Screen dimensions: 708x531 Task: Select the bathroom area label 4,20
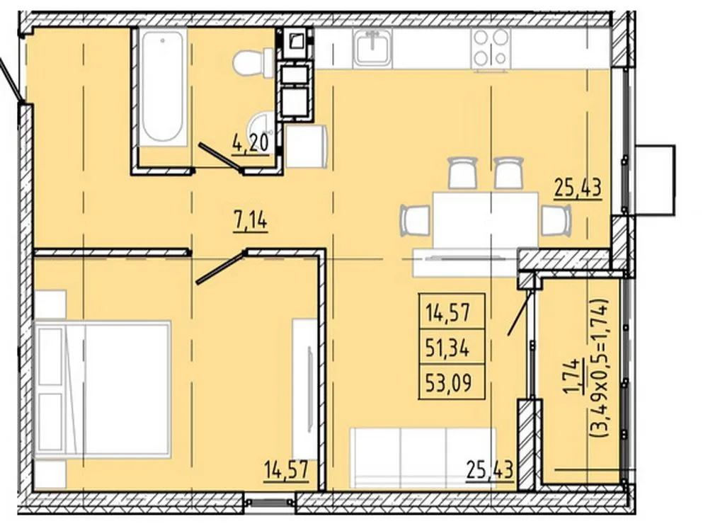click(x=251, y=144)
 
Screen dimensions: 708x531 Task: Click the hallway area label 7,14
click(x=251, y=222)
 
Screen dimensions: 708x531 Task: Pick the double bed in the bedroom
click(x=103, y=389)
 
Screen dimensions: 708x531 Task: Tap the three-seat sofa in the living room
click(x=423, y=457)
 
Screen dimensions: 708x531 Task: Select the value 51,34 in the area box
click(x=447, y=348)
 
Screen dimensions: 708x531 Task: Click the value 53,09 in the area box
click(x=448, y=383)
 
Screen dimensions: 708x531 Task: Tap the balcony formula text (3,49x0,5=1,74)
click(x=601, y=367)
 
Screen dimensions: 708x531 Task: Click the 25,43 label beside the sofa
click(x=489, y=470)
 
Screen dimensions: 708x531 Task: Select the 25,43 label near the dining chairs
click(x=578, y=187)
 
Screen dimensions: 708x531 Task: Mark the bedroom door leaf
click(x=220, y=268)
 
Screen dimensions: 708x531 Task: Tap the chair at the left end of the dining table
click(x=414, y=220)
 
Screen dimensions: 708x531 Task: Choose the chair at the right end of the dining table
click(x=556, y=220)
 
